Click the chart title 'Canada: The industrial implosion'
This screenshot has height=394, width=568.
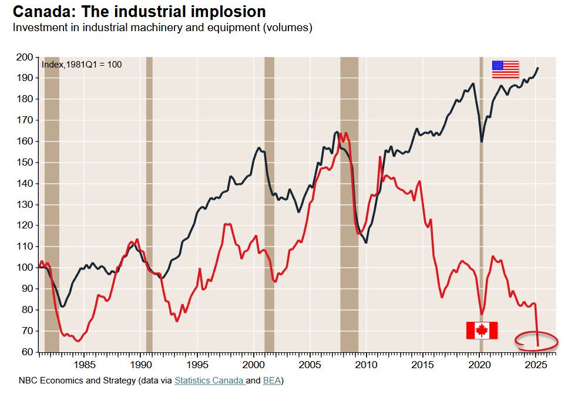tap(139, 11)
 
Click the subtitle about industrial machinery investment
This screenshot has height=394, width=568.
tap(162, 28)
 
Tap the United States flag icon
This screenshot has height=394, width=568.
tap(505, 69)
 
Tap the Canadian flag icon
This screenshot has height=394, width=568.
tap(482, 330)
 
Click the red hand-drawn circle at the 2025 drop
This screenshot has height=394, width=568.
tap(536, 340)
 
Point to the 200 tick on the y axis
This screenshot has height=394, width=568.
tap(25, 58)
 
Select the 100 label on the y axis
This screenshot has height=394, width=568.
tap(25, 268)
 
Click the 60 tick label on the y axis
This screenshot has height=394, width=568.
tap(28, 352)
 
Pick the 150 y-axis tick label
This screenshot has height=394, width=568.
tap(25, 163)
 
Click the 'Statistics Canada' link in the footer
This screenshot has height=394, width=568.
tap(209, 380)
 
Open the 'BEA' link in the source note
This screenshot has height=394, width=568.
tap(272, 380)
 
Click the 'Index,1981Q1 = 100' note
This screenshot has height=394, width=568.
tap(82, 64)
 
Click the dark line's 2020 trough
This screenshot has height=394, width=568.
tap(482, 142)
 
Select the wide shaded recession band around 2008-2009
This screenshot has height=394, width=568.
tap(349, 206)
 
